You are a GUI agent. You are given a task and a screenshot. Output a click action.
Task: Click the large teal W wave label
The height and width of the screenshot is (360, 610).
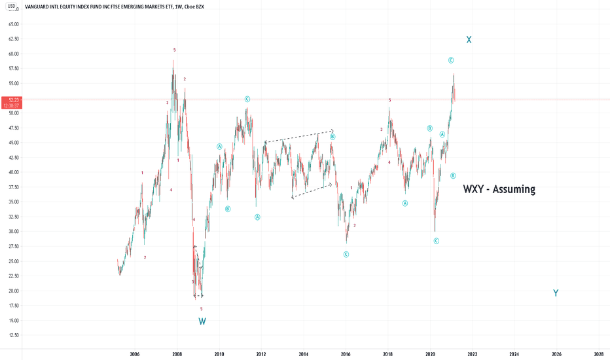(x=202, y=321)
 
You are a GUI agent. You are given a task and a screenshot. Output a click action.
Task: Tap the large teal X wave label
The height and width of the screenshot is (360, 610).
(x=469, y=40)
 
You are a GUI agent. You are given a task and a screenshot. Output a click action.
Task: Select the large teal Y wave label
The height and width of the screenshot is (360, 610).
(x=556, y=293)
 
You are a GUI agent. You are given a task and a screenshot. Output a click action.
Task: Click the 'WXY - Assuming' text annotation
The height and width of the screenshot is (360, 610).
(x=499, y=190)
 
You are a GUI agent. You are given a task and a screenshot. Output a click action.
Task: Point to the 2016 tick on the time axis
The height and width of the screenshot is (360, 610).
(x=346, y=353)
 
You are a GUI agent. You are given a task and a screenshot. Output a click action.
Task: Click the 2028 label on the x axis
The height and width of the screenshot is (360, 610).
(x=599, y=353)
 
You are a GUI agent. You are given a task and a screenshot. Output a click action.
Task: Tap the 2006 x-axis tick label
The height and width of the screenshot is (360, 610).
(x=135, y=353)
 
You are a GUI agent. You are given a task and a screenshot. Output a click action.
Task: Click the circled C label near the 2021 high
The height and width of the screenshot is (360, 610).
(x=451, y=60)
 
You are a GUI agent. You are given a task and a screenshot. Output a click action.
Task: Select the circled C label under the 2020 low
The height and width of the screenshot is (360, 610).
(x=436, y=241)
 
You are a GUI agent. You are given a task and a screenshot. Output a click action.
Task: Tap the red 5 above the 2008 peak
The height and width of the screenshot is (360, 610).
(x=174, y=50)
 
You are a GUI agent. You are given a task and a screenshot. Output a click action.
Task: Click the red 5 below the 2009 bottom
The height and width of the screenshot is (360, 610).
(x=202, y=309)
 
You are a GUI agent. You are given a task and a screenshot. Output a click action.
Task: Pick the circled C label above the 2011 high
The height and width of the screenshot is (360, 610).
(x=247, y=99)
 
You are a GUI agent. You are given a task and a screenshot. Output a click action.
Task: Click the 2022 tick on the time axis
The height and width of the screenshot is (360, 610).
(x=472, y=353)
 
